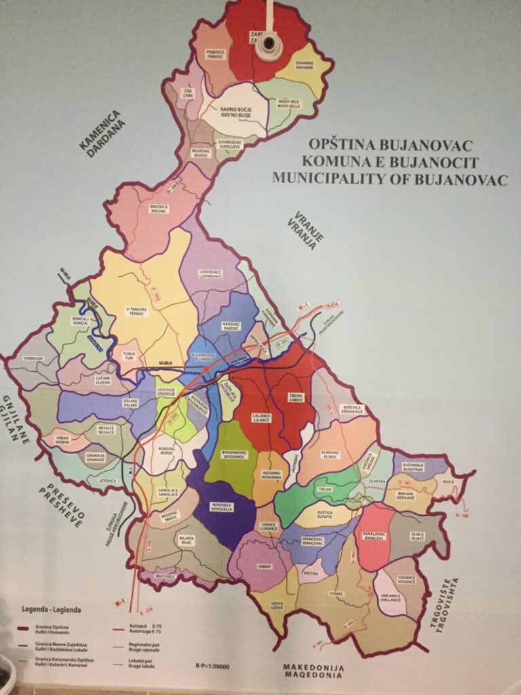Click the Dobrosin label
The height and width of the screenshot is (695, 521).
tap(33, 358)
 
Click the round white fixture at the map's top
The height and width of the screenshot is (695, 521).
tap(269, 42)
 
